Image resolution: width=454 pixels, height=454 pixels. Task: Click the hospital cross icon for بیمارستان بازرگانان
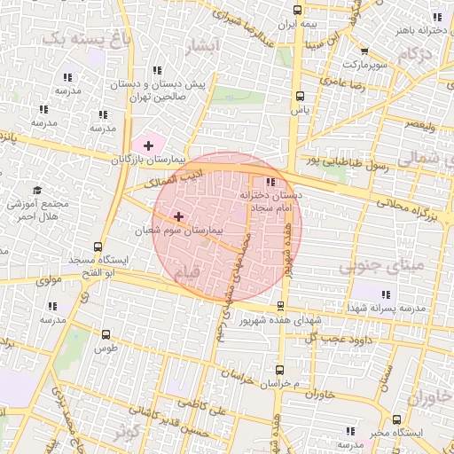pyautogui.click(x=147, y=144)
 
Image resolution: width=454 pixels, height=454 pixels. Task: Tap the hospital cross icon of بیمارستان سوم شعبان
pyautogui.click(x=179, y=215)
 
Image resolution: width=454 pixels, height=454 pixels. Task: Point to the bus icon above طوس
pyautogui.click(x=106, y=334)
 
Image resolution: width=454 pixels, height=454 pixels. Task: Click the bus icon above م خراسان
pyautogui.click(x=280, y=369)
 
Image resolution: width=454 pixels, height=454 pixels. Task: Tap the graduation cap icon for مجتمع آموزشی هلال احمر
pyautogui.click(x=37, y=190)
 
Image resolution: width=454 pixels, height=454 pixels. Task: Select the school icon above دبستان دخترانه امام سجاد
pyautogui.click(x=270, y=181)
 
